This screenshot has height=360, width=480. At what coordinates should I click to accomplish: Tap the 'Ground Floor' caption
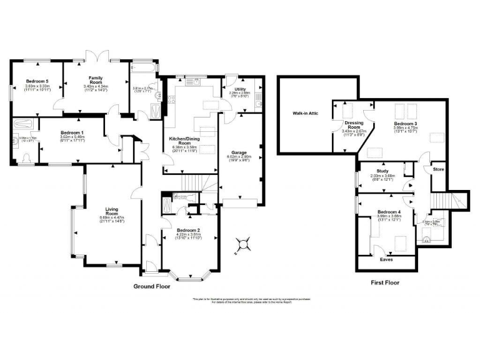tap(152, 286)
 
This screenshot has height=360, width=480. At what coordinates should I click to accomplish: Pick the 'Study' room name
tap(383, 171)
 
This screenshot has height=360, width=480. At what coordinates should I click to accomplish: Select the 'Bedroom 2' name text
tap(188, 229)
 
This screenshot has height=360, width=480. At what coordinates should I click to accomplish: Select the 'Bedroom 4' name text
tap(389, 212)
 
